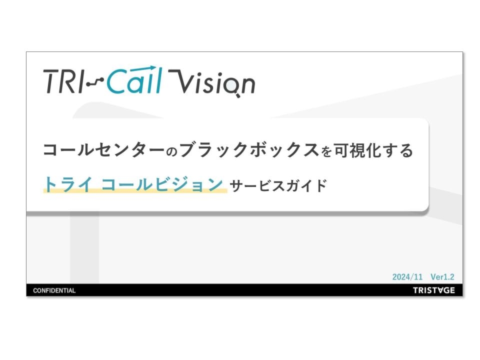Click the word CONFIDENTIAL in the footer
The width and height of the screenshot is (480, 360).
click(x=54, y=290)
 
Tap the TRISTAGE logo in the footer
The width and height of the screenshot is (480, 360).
click(x=434, y=290)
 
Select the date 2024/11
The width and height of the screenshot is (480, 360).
click(x=407, y=276)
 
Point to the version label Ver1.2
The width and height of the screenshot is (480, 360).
click(x=442, y=276)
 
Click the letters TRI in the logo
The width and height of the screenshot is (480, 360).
click(x=63, y=81)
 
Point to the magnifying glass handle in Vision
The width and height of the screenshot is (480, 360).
click(x=238, y=95)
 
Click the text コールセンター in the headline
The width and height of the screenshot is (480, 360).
click(x=104, y=150)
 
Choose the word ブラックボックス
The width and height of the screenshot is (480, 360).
click(x=249, y=150)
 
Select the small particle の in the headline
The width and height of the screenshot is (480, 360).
click(x=172, y=151)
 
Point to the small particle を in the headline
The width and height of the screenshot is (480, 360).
click(x=326, y=151)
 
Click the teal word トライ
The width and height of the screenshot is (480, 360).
click(x=68, y=184)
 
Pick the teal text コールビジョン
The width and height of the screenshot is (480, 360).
click(x=161, y=184)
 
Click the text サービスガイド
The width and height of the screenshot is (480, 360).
click(x=278, y=185)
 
